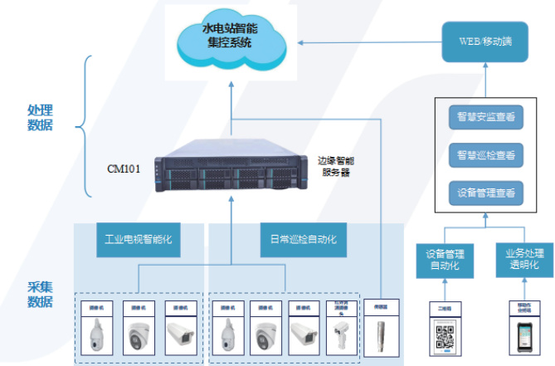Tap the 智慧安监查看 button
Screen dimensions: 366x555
click(x=485, y=117)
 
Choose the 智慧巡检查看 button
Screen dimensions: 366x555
click(x=485, y=155)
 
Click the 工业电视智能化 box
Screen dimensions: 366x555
click(x=138, y=239)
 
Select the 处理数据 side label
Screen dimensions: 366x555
click(x=40, y=118)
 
